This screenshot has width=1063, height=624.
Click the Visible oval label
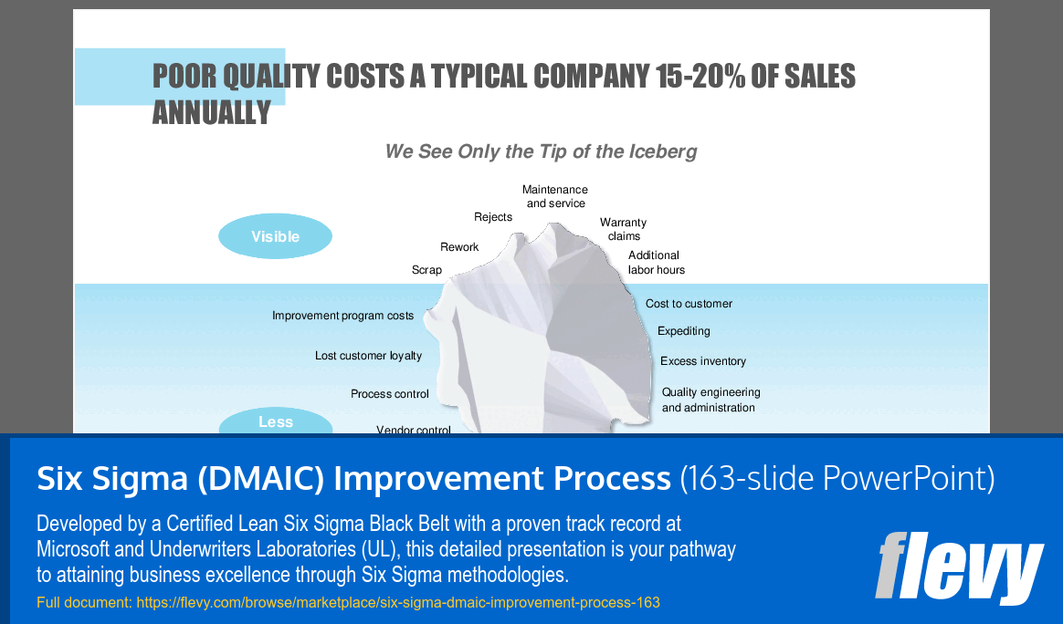point(275,236)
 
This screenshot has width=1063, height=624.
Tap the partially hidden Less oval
point(275,421)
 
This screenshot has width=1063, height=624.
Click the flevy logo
point(959,567)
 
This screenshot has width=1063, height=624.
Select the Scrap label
point(426,270)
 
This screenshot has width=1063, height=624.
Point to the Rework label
point(459,247)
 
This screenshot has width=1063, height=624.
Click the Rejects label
point(493,217)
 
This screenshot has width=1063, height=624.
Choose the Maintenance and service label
point(555,196)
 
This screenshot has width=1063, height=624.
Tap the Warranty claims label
point(624,229)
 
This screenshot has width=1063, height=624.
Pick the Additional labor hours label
point(657,262)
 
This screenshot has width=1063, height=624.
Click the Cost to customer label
point(689,304)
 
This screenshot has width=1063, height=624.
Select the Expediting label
point(683,330)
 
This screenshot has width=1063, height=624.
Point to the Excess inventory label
point(703,361)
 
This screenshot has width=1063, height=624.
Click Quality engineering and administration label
point(711,400)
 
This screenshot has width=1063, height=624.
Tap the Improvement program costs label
point(343,316)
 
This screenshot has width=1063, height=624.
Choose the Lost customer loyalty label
point(368,356)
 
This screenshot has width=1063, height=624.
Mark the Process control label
point(390,393)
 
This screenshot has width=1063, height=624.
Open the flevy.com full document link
point(398,602)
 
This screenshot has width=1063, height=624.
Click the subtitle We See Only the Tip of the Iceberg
point(541,151)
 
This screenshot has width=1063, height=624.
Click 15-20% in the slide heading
point(700,76)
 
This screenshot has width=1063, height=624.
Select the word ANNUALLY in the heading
point(212,112)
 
